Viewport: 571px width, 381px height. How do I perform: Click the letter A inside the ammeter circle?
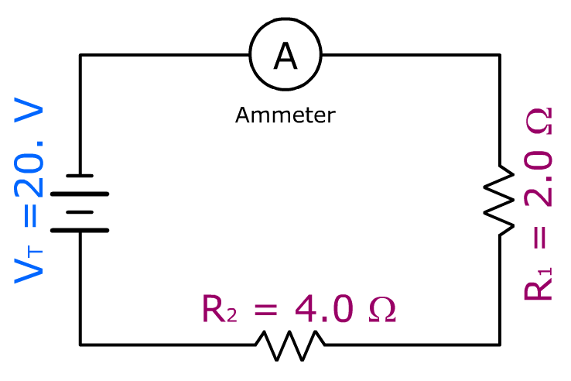(285, 55)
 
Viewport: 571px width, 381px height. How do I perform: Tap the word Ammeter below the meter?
(285, 116)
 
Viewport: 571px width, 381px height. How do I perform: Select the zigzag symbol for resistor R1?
(500, 199)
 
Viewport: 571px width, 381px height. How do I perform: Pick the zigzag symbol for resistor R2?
(290, 344)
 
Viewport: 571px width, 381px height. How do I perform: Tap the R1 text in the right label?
(539, 283)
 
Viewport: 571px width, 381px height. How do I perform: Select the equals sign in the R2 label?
(265, 309)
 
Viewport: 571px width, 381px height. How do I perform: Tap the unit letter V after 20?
(29, 116)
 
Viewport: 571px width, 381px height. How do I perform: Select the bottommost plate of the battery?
(79, 230)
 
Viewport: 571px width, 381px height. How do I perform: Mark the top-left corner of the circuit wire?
(80, 55)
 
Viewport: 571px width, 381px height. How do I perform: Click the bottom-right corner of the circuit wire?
(499, 344)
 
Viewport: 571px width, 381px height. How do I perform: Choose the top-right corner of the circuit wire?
(499, 55)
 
